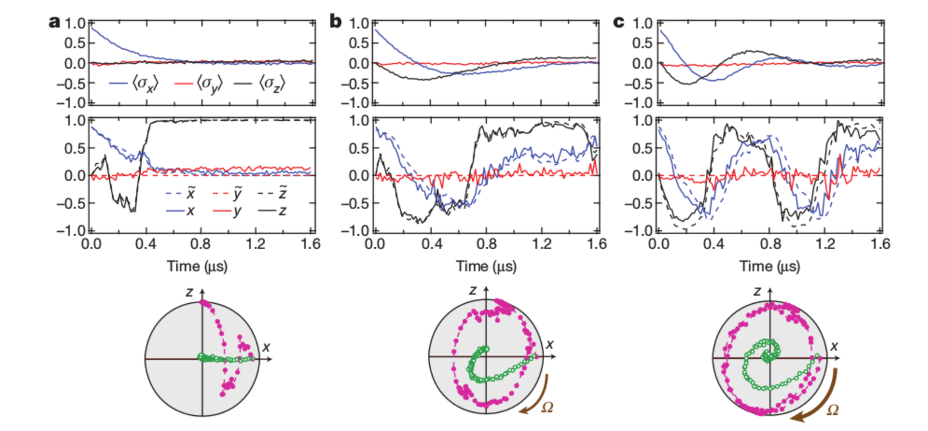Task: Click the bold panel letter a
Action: coord(54,22)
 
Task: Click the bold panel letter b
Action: coord(335,22)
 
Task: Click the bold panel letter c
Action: coord(619,22)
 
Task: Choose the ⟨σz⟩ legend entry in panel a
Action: coord(260,84)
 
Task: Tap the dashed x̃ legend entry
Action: coord(181,193)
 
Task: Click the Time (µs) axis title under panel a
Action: coord(197,266)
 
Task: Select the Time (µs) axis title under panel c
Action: coord(770,266)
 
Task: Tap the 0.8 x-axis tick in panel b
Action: coord(486,244)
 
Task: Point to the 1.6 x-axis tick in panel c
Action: coord(880,244)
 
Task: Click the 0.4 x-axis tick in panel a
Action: coord(146,244)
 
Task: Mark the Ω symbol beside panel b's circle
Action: coord(546,407)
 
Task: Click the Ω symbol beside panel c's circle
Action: coord(832,410)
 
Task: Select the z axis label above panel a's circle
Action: coord(190,292)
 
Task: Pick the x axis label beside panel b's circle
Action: coord(549,344)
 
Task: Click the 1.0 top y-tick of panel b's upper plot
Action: coord(358,23)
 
